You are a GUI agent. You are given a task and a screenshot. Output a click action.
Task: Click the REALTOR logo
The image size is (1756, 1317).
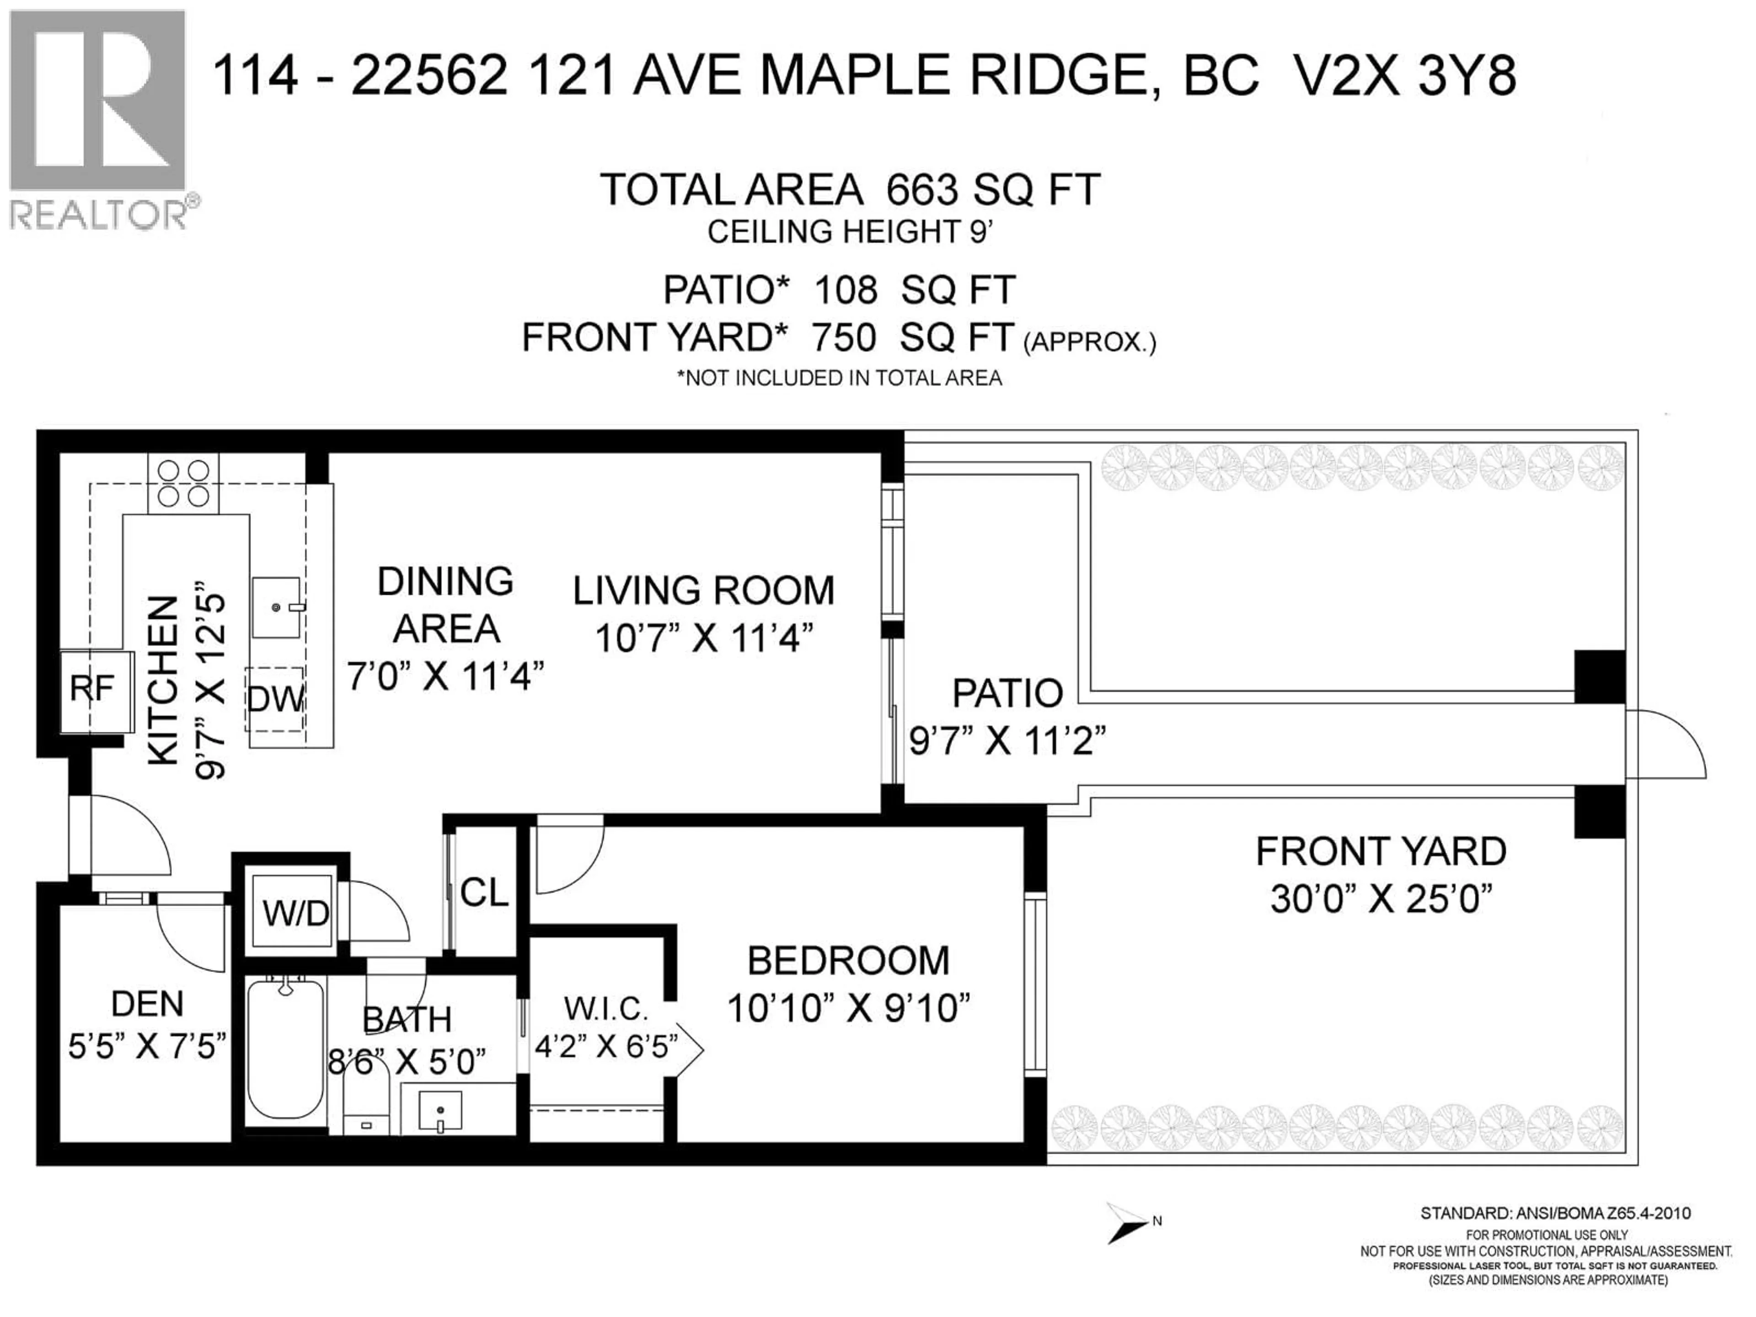(99, 119)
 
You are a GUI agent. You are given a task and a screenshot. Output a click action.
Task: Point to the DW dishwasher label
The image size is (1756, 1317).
(275, 699)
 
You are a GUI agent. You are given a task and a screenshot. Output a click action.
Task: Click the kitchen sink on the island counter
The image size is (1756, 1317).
(276, 607)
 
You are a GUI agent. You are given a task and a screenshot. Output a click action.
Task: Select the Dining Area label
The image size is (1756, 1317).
(445, 605)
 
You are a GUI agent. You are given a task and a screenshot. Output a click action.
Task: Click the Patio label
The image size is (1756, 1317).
(1006, 693)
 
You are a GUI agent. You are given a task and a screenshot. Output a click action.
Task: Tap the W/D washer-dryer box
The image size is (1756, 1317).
(295, 913)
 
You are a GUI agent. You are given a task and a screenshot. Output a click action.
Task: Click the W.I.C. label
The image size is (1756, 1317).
(606, 1009)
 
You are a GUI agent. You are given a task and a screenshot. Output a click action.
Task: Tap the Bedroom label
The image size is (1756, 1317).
(848, 961)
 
